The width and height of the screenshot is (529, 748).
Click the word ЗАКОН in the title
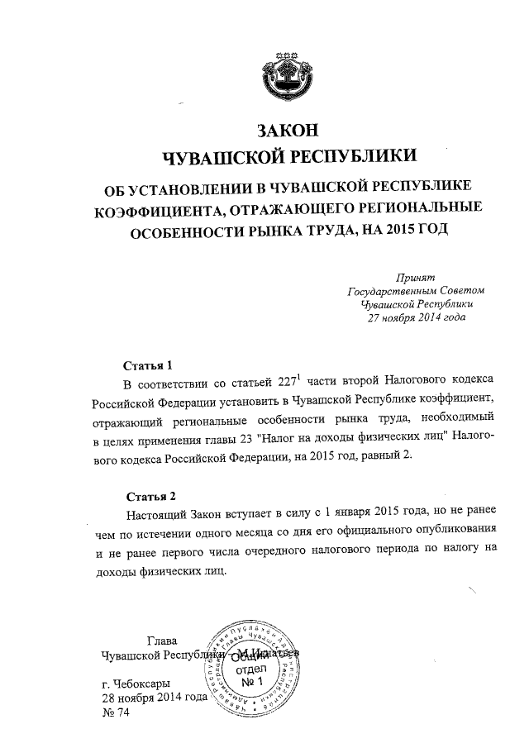[288, 131]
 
